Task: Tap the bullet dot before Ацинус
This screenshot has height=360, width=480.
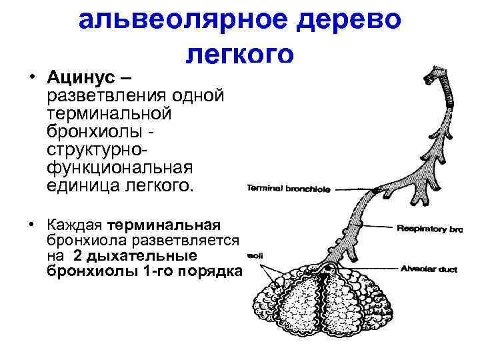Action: (x=31, y=73)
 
